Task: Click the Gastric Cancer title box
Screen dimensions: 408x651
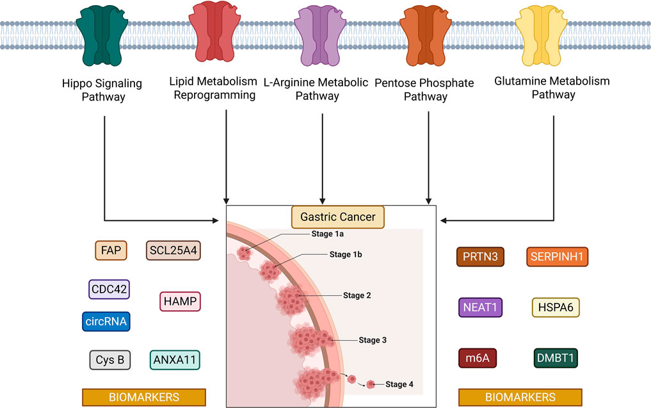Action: (x=338, y=217)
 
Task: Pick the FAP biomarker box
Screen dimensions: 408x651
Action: (x=111, y=250)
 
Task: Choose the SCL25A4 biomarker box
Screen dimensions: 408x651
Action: (x=173, y=250)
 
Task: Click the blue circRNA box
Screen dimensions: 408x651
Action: (x=106, y=321)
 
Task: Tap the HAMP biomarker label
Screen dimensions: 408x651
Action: (x=179, y=301)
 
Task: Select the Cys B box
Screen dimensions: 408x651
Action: (x=110, y=360)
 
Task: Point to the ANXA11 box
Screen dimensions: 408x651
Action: (x=175, y=360)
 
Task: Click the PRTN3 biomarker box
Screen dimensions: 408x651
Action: (x=481, y=257)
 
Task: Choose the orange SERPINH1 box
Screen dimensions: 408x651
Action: (x=557, y=257)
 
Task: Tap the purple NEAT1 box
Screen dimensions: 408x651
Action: (x=481, y=307)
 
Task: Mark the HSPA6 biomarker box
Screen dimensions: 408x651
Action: (x=556, y=307)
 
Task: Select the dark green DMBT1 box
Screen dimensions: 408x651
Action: (x=555, y=358)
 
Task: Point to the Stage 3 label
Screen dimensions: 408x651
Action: (x=373, y=340)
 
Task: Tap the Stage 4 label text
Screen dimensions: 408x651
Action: (x=399, y=384)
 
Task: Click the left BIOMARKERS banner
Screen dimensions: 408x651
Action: (x=143, y=397)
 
